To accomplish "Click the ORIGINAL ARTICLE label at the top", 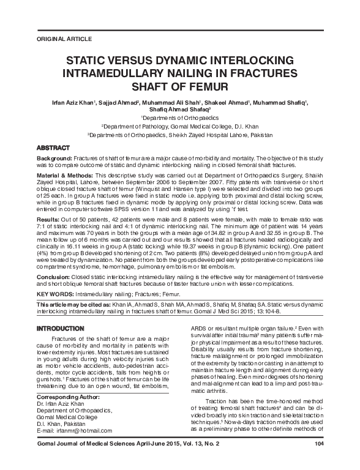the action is [x=52, y=39].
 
